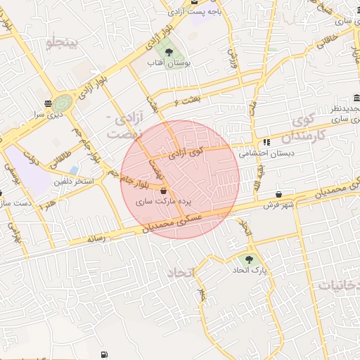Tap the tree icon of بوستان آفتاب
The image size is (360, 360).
168,51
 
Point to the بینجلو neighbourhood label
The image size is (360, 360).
65,44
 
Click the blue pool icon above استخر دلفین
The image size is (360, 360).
74,170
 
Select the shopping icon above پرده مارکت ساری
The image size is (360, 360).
164,191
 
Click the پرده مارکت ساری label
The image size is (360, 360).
163,201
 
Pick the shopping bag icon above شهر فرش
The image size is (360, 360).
280,194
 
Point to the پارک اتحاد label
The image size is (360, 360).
250,270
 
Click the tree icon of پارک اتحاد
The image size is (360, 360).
250,259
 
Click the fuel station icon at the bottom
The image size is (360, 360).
105,355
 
